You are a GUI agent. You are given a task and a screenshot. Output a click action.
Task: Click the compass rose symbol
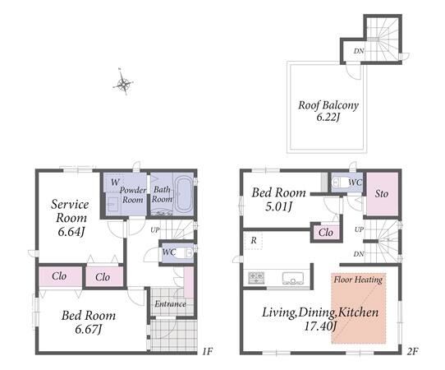(123, 82)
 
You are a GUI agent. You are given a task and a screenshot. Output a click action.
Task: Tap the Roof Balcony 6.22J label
(328, 111)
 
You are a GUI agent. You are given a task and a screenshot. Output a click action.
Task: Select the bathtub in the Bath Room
(184, 195)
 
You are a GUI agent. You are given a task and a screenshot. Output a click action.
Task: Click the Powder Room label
(133, 195)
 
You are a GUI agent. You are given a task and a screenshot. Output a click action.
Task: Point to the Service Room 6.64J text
(70, 218)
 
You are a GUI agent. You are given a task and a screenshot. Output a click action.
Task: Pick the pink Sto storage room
(382, 194)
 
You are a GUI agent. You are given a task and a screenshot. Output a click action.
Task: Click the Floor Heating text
(358, 280)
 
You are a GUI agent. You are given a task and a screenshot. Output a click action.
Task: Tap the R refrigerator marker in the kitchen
(254, 240)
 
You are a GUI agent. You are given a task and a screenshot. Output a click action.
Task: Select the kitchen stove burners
(256, 277)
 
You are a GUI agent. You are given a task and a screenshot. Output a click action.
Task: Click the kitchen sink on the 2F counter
(293, 278)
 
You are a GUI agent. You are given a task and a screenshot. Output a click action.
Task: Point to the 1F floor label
(208, 352)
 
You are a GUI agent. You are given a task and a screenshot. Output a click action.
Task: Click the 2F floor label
(412, 352)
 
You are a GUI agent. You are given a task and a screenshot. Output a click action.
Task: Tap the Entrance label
(170, 303)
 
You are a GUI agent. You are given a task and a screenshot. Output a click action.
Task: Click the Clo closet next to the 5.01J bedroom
(325, 233)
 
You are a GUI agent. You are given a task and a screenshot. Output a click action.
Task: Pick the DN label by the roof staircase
(359, 51)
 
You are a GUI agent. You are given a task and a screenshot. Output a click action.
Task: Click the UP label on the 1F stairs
(155, 229)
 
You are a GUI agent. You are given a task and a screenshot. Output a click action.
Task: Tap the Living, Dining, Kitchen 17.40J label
(320, 319)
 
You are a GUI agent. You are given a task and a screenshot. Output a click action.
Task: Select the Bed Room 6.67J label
(89, 322)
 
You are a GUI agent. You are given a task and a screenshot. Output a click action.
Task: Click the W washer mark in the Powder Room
(115, 182)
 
